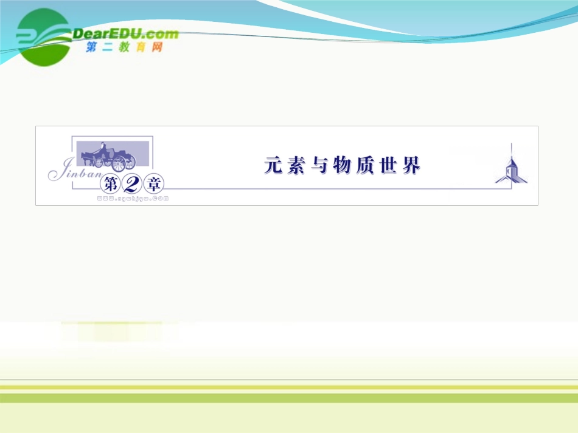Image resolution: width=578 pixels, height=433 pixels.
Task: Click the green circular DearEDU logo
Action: click(x=43, y=36)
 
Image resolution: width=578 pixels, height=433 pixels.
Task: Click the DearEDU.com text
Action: click(x=125, y=34)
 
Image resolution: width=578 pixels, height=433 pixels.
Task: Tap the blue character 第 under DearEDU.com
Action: click(x=91, y=47)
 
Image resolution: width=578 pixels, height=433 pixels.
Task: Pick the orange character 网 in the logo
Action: click(x=158, y=47)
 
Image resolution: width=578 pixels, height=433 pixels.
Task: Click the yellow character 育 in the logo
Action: click(x=141, y=47)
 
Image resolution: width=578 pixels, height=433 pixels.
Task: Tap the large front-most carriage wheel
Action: click(x=119, y=163)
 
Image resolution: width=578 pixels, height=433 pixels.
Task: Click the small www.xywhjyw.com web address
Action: click(x=133, y=197)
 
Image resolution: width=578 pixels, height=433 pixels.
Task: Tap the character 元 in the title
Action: click(x=273, y=165)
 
